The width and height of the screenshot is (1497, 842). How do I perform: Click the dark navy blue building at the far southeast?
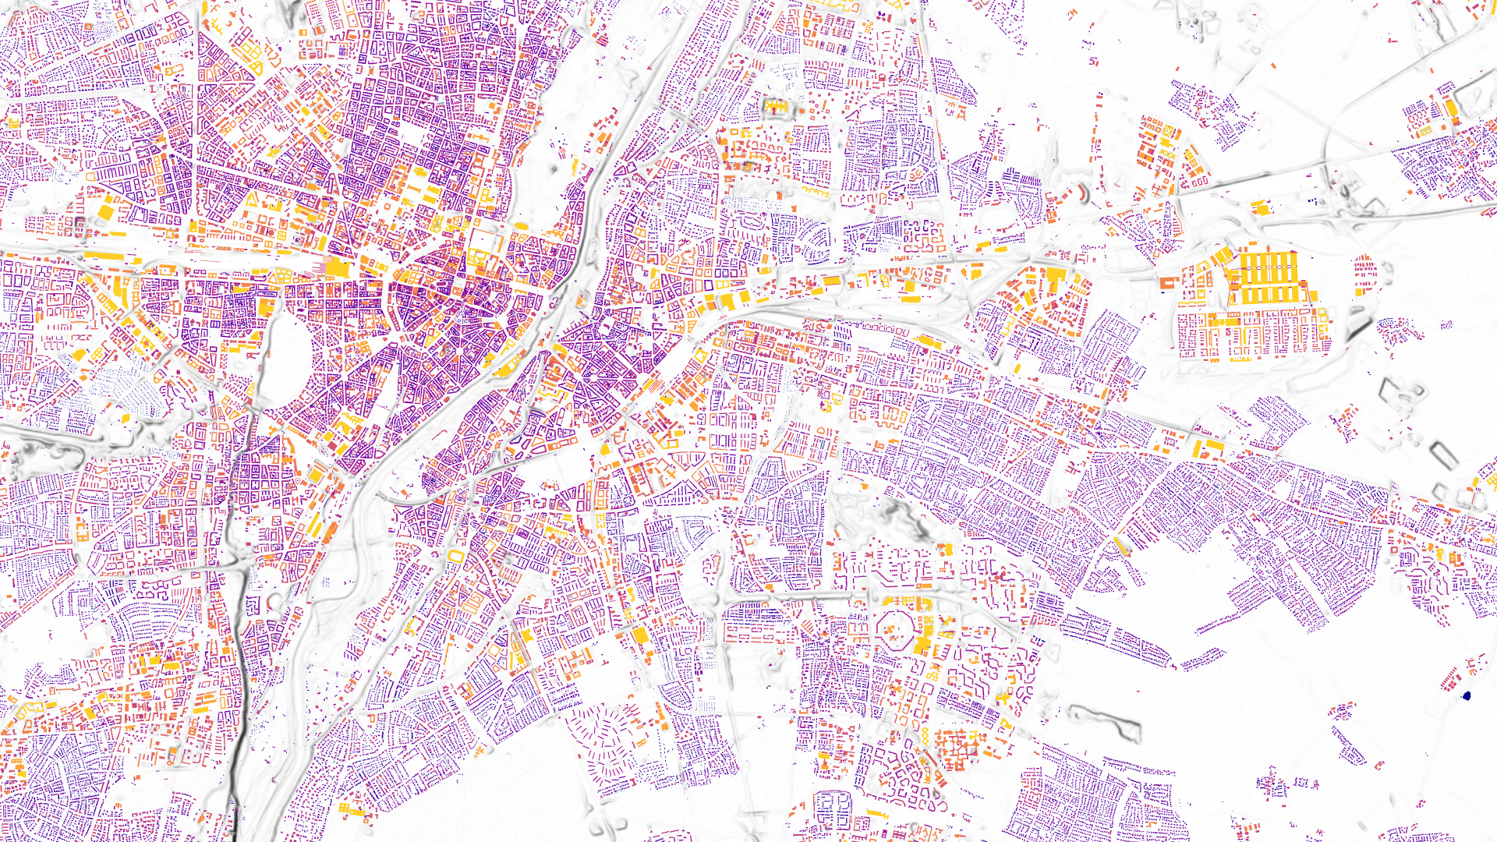[1467, 695]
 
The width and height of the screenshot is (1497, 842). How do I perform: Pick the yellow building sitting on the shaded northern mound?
[775, 106]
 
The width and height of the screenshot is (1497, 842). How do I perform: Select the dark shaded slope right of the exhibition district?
[1359, 327]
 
